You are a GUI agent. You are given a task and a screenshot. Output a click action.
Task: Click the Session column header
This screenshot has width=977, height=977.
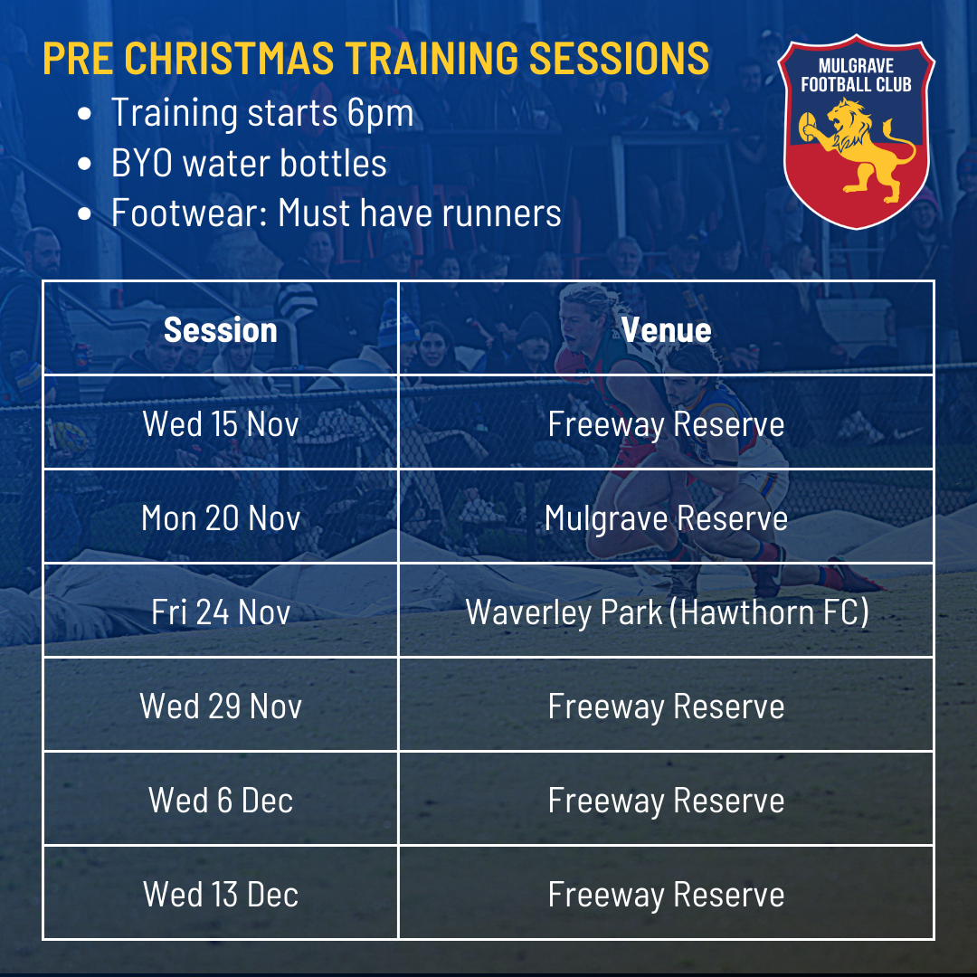click(x=220, y=329)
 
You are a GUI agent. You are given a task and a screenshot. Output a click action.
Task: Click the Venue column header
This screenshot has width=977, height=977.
click(x=666, y=329)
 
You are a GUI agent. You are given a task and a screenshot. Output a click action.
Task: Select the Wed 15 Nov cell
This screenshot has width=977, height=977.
click(x=221, y=423)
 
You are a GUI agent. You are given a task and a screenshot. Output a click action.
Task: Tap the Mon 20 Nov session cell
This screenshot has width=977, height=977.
click(x=221, y=517)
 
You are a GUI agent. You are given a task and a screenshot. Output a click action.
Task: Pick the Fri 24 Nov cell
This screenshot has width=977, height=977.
click(x=221, y=612)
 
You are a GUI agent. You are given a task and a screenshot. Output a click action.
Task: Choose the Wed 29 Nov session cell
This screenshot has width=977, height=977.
click(x=221, y=706)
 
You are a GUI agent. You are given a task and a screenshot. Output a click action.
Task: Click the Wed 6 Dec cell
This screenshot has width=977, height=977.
click(x=221, y=800)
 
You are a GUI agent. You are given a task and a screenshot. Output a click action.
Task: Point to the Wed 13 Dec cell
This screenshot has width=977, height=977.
click(x=221, y=894)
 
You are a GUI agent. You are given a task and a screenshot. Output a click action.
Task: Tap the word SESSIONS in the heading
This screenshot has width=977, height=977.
click(x=619, y=58)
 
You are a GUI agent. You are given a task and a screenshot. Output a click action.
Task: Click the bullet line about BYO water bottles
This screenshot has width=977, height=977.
click(x=249, y=163)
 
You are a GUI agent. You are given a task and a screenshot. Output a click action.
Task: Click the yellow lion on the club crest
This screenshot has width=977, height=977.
click(x=858, y=149)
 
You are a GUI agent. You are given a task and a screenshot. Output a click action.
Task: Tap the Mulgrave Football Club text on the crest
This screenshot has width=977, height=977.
click(x=856, y=75)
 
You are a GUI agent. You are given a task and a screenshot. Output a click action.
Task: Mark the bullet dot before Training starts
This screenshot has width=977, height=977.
click(x=85, y=114)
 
